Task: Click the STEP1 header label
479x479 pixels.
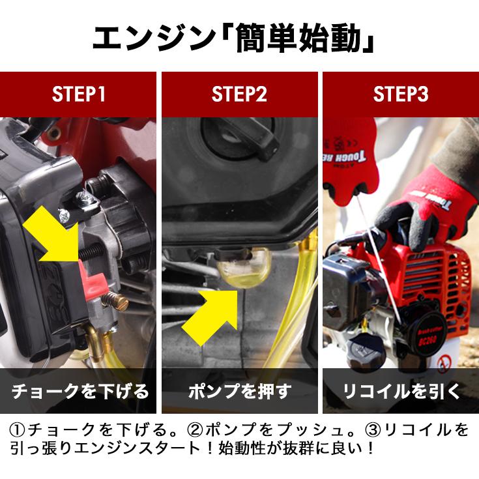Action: pos(78,94)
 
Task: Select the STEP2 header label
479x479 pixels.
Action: pos(239,94)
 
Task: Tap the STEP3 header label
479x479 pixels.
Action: pos(401,94)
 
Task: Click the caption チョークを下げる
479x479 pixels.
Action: pos(80,391)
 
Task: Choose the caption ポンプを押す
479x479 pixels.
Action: pos(240,391)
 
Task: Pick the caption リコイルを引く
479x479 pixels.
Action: pos(401,391)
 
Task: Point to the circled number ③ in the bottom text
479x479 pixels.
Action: pos(373,430)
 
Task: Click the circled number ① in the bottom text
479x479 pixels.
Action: pos(18,430)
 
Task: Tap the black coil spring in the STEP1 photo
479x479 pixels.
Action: pos(92,252)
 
